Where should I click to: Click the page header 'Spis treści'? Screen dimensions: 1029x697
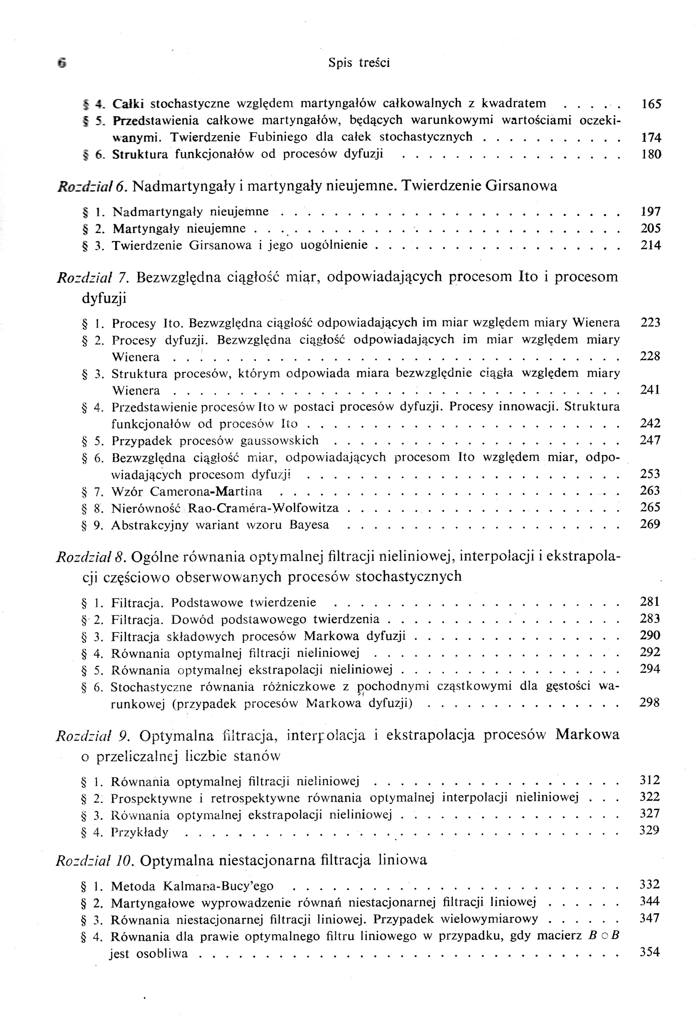click(359, 63)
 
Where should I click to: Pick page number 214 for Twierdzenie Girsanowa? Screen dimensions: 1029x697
click(650, 245)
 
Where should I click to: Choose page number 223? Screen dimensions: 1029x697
click(650, 323)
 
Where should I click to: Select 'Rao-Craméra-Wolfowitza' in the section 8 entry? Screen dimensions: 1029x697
click(263, 508)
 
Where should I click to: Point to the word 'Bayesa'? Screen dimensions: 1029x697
click(309, 525)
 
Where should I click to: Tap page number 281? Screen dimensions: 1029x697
click(650, 602)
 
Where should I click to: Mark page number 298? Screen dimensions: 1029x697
click(649, 703)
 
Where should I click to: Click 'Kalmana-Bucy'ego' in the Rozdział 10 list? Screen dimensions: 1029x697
click(218, 886)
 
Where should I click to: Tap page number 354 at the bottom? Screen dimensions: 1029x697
click(649, 952)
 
